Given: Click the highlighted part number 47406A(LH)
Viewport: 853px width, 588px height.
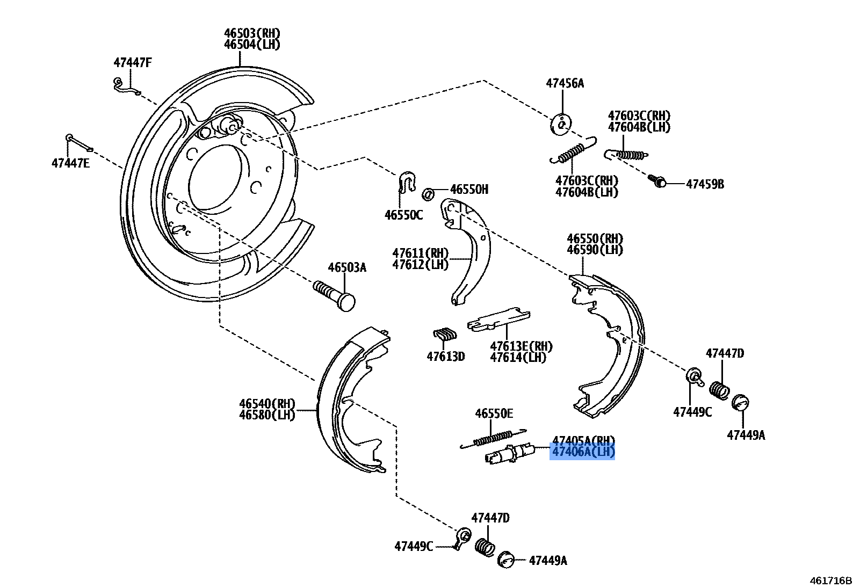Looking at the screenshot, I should click(583, 452).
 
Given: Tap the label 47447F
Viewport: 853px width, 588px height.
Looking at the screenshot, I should click(132, 63).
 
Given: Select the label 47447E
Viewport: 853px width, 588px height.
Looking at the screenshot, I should click(70, 163).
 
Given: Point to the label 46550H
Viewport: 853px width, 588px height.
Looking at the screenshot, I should click(469, 189).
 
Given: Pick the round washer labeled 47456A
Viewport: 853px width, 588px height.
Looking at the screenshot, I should click(560, 125).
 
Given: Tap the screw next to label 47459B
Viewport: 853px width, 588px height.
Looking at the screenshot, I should click(657, 181).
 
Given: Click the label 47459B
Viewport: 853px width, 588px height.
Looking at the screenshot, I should click(705, 184).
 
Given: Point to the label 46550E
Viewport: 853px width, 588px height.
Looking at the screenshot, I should click(494, 413).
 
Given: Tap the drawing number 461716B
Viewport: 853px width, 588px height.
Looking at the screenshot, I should click(830, 580).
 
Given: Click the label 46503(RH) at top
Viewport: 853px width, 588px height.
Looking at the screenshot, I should click(252, 33).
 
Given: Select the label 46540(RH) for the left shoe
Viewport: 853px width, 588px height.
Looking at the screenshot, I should click(267, 404).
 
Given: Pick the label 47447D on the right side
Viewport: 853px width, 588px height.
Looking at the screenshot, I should click(724, 353).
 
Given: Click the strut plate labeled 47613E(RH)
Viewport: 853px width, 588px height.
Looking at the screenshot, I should click(498, 319).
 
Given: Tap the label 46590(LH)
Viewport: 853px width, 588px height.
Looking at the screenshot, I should click(595, 250).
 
